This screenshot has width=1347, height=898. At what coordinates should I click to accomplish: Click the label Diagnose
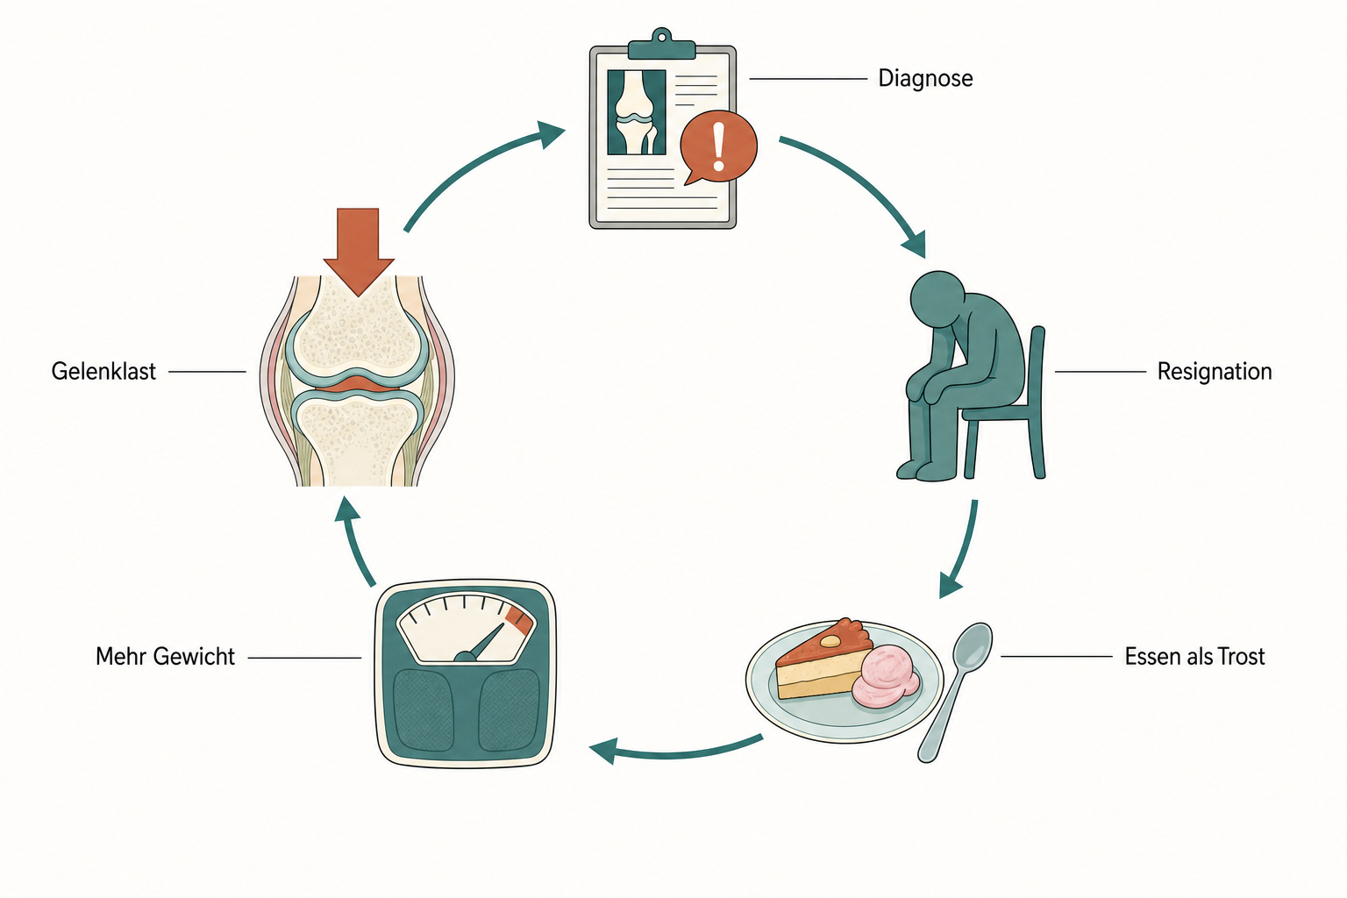925,79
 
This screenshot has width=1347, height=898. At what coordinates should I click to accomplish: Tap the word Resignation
1214,372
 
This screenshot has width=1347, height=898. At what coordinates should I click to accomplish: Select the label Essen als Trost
1195,656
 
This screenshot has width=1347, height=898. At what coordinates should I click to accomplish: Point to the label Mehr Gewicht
165,657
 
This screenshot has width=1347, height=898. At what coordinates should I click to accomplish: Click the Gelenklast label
103,372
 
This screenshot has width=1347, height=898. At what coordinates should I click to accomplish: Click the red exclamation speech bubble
718,147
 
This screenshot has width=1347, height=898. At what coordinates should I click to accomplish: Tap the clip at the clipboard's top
661,45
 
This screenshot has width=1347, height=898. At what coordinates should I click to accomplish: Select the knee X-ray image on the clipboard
636,112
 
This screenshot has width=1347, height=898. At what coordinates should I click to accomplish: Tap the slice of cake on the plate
823,660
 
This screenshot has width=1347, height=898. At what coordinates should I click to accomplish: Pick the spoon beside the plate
953,692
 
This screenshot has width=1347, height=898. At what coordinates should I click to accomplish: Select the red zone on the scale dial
519,620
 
